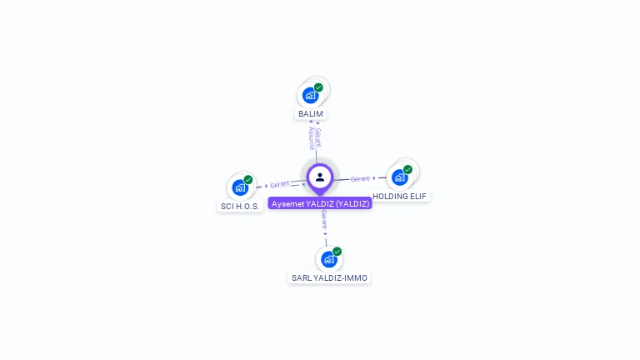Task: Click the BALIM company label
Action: [311, 113]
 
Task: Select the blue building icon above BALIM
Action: [310, 95]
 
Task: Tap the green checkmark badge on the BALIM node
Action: [318, 87]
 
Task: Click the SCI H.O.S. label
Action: [240, 206]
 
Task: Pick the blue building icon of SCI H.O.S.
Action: [240, 187]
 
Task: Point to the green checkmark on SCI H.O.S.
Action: [248, 180]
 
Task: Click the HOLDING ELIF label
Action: [400, 196]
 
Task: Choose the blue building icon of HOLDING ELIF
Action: [399, 177]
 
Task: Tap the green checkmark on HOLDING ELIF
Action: [407, 170]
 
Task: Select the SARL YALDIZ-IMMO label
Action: [329, 277]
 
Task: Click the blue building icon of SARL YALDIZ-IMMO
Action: [329, 259]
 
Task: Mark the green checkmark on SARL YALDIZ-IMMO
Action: [337, 252]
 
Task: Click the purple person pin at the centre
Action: [320, 177]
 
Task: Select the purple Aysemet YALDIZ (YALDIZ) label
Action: [320, 203]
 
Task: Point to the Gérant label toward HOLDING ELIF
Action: [360, 178]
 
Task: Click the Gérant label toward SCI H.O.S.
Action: [280, 184]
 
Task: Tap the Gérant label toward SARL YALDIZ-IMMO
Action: [323, 220]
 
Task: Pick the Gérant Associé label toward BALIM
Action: [314, 137]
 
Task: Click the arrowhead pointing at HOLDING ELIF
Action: [375, 177]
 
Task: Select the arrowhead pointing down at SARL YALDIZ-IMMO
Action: [326, 234]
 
